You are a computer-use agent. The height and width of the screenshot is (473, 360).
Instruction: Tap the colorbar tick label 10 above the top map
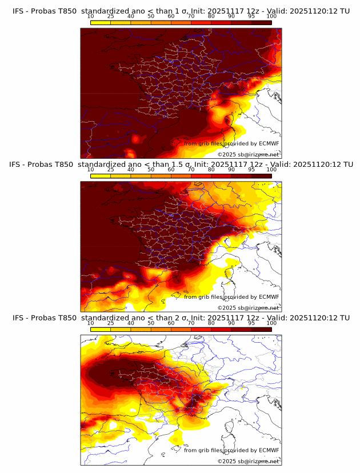click(90, 17)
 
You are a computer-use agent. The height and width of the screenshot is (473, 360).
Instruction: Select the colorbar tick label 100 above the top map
click(271, 17)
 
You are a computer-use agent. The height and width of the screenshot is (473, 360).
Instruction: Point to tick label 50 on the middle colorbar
click(151, 170)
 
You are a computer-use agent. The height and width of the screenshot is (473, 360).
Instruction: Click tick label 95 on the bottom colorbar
click(251, 323)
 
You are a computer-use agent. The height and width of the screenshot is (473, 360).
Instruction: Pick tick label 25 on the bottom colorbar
click(110, 323)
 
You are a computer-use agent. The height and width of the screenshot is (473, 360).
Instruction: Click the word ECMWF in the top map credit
click(269, 143)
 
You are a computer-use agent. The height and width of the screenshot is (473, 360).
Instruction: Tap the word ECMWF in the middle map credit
click(269, 296)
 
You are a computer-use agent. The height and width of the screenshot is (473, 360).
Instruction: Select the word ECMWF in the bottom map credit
click(269, 450)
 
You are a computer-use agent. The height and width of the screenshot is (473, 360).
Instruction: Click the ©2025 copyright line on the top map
click(248, 154)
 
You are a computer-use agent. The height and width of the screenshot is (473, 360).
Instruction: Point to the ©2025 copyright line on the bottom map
click(248, 461)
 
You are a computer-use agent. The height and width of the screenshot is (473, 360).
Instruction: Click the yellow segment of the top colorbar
click(100, 22)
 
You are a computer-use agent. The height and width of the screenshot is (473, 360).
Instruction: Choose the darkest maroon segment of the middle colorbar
click(262, 176)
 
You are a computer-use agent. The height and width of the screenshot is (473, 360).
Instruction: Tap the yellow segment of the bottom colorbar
click(100, 329)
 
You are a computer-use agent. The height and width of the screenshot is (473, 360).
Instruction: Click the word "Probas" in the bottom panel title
click(46, 318)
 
